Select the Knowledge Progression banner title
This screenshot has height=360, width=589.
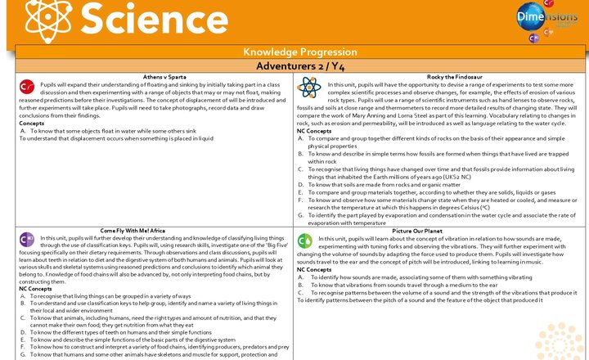pos(294,52)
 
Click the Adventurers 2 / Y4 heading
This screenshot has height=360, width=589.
pos(294,65)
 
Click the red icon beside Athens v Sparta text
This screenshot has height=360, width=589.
pos(26,86)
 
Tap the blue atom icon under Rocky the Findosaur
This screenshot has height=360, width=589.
pos(309,87)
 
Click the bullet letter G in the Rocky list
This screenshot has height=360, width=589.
pos(300,215)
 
